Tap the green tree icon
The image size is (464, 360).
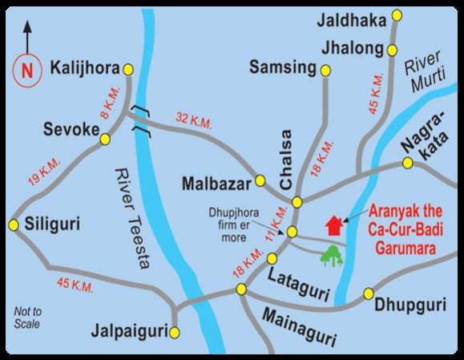[331, 256]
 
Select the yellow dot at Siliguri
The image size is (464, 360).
[14, 224]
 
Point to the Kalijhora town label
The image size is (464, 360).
[85, 66]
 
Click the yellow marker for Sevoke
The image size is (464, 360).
[104, 140]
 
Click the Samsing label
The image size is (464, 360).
[284, 67]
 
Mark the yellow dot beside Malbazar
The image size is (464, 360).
[260, 180]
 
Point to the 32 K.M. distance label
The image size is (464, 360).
[194, 122]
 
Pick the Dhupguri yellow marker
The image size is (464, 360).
[369, 293]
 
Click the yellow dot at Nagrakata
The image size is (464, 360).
[407, 164]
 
